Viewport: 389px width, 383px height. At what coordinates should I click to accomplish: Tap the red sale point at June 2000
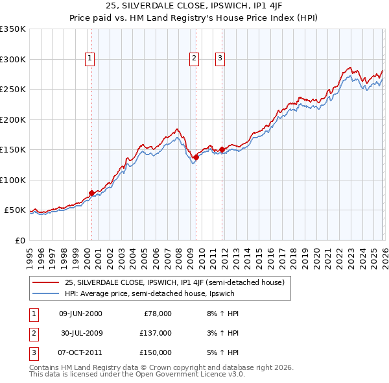tap(91, 193)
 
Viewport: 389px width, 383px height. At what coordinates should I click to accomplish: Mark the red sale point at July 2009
tap(196, 156)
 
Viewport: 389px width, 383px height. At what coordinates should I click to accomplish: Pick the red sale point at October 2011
tap(222, 149)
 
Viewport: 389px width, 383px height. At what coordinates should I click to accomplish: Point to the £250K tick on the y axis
tap(13, 90)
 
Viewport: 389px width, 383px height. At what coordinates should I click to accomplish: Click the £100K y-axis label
tap(13, 180)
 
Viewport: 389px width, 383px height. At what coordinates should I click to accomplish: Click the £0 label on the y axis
tap(19, 240)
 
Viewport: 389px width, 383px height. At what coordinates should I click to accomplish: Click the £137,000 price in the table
tap(156, 333)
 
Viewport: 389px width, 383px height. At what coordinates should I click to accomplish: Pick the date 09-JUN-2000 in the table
tap(80, 314)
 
